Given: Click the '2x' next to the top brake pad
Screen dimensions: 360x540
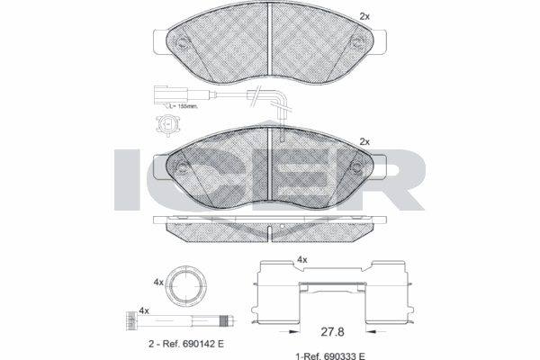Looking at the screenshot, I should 364,15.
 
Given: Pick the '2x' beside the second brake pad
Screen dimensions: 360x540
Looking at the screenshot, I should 364,141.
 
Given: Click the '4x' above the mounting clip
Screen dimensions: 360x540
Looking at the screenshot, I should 302,260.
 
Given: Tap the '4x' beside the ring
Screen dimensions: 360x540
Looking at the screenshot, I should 159,282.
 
